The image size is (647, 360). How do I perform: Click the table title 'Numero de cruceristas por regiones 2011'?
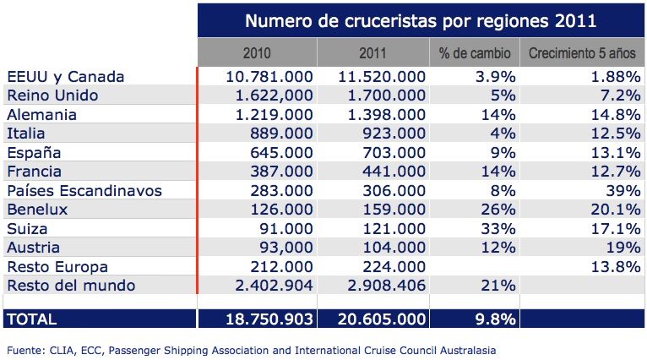pos(421,19)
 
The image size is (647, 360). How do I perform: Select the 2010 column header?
pos(257,53)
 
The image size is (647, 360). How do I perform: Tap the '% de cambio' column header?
pos(476,53)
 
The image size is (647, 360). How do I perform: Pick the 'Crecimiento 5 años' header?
pos(581,53)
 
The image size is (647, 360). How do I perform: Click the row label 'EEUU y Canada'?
pos(65,77)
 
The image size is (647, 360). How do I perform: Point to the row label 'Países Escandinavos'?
pos(84,191)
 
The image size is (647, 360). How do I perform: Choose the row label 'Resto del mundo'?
pos(70,286)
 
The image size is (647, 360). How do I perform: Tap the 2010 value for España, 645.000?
pos(283,153)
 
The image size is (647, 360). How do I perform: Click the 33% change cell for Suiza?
pos(498,229)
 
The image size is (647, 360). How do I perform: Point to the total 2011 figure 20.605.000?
pos(376,320)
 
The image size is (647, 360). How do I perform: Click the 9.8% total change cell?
pos(492,320)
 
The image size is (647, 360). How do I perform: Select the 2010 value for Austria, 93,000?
pos(283,248)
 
